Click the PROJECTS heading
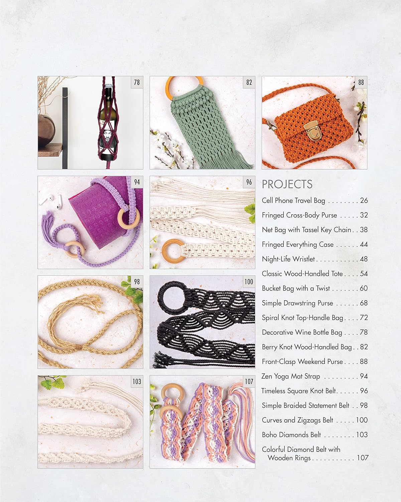click(287, 184)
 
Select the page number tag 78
click(137, 82)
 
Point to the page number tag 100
click(249, 282)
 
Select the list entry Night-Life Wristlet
click(288, 259)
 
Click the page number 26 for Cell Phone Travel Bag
click(364, 200)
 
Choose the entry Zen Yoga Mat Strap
click(290, 376)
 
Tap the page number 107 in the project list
click(363, 458)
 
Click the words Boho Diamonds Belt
click(291, 435)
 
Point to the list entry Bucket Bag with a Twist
click(296, 288)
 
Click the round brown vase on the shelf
click(46, 130)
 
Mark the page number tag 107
click(249, 382)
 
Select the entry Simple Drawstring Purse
click(297, 303)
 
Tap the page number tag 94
click(137, 182)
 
